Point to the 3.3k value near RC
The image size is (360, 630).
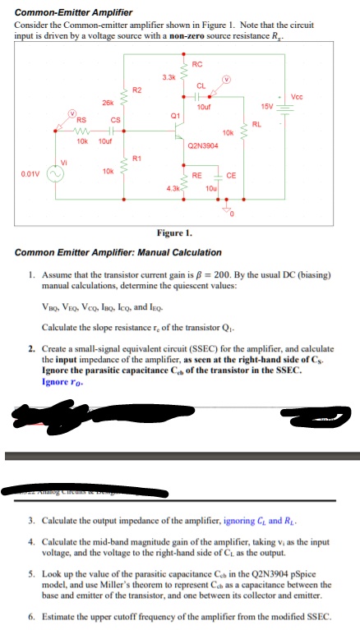tap(168, 76)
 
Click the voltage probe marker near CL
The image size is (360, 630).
tap(227, 80)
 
